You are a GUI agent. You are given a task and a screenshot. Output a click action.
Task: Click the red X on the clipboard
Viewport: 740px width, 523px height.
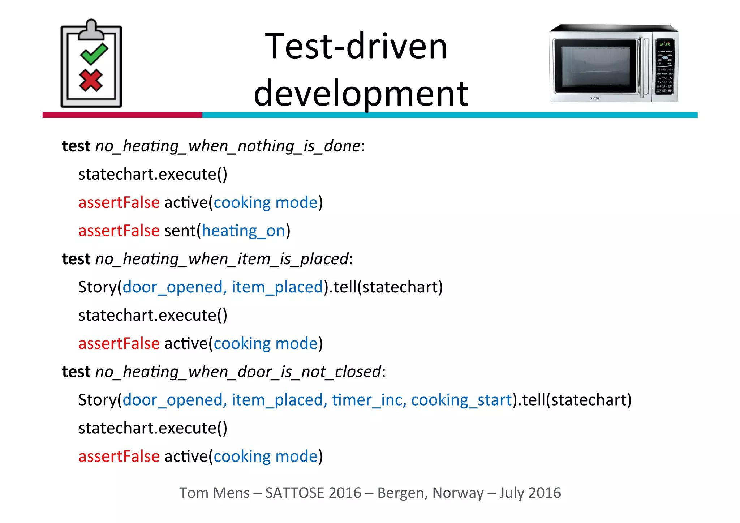tap(91, 80)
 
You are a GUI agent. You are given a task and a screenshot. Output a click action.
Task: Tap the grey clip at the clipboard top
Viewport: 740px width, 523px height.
tap(91, 31)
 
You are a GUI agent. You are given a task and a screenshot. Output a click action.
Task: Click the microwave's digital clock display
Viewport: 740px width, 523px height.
tap(664, 44)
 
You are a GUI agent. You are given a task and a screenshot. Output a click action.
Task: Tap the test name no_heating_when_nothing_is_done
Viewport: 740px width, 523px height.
tap(228, 146)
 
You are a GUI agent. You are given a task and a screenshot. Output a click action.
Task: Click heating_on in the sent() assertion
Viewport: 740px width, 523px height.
tap(244, 231)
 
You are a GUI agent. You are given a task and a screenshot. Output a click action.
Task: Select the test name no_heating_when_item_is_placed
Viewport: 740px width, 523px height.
tap(222, 259)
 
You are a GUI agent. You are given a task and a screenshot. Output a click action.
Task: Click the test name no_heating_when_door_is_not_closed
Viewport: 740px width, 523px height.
tap(238, 372)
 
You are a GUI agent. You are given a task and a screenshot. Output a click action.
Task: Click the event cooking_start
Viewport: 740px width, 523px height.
tap(461, 400)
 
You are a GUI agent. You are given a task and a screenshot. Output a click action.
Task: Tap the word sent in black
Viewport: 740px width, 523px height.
tap(180, 231)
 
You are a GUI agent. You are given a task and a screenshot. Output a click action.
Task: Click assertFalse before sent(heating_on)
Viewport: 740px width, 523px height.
tap(119, 231)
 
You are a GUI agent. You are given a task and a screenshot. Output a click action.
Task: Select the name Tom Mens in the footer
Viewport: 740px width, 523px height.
tap(214, 493)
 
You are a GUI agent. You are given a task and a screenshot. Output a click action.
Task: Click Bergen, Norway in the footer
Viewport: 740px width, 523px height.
tap(430, 493)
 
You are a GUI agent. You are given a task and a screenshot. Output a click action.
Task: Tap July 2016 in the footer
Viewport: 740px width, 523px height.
tap(530, 493)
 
